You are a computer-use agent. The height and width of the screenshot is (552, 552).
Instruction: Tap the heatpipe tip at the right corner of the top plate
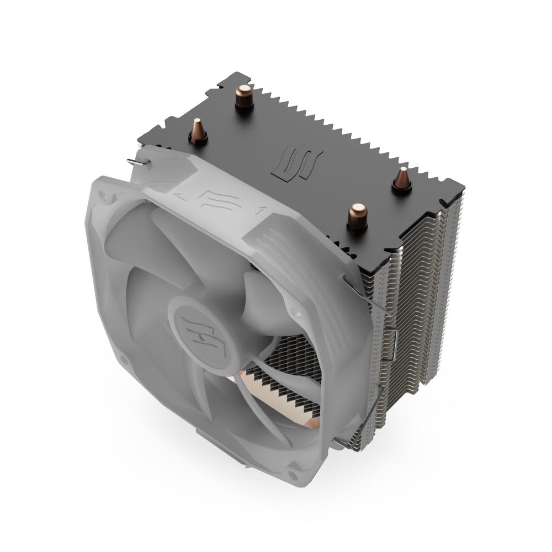402,181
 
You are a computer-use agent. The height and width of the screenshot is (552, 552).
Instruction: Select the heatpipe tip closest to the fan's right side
358,215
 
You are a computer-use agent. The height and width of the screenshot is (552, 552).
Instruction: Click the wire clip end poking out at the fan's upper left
135,161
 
